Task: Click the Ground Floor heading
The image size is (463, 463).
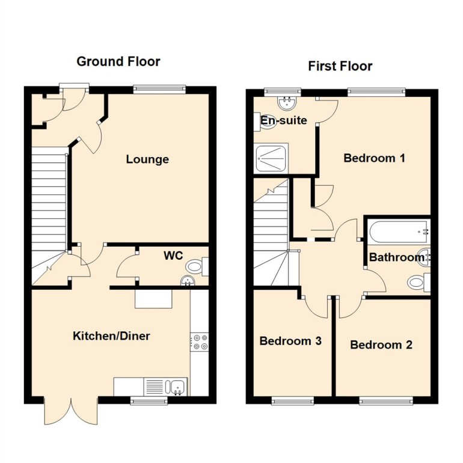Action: coord(118,61)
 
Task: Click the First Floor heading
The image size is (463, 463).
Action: coord(340,66)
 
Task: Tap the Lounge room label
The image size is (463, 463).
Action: coord(147,159)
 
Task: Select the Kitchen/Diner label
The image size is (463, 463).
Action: coord(111,336)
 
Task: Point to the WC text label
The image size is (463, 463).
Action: coord(173,256)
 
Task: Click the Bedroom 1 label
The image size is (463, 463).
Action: coord(374,158)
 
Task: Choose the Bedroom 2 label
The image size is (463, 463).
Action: coord(381,345)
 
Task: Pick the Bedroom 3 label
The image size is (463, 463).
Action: coord(290,341)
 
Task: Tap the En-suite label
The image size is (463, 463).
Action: coord(283,120)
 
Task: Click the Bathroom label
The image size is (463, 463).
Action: coord(397,258)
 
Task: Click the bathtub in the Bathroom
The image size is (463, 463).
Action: coord(398,230)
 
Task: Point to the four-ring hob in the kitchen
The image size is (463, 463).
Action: coord(199,342)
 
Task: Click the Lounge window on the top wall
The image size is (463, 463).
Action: coord(159,90)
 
